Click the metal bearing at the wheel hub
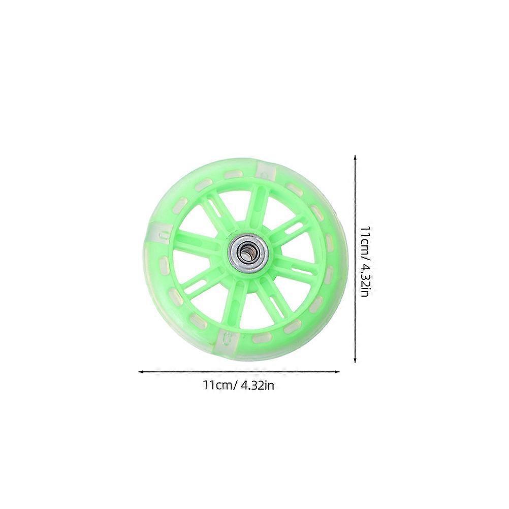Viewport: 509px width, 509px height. click(248, 250)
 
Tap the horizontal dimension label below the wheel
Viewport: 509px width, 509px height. click(239, 386)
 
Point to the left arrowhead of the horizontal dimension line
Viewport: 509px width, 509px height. click(141, 372)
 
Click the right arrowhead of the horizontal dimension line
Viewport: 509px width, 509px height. click(337, 372)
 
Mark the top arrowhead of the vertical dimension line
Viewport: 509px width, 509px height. click(355, 157)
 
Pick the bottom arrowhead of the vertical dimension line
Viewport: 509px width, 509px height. click(355, 360)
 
